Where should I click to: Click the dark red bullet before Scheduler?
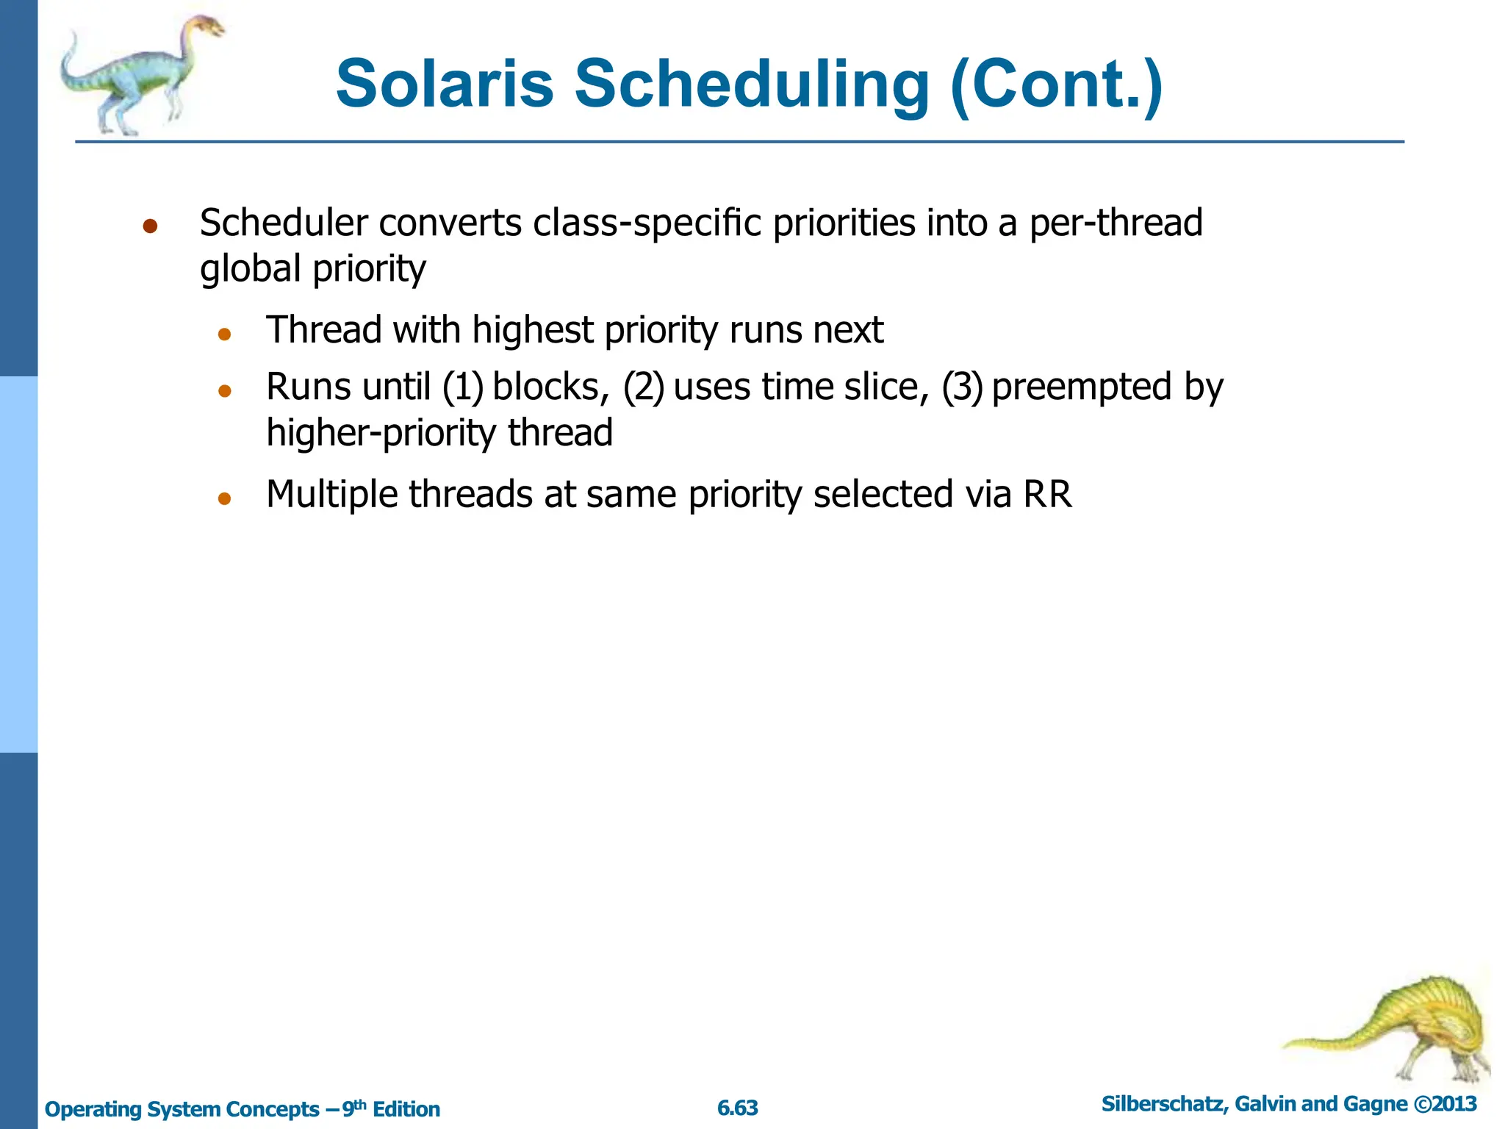pos(151,226)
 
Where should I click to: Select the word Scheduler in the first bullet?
pos(284,223)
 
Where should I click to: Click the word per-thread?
pos(1115,223)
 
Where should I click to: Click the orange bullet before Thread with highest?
pos(225,334)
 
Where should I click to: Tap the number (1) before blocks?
pos(463,387)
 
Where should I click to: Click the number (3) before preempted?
pos(962,387)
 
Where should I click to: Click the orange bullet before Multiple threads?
pos(225,499)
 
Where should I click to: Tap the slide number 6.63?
pos(737,1108)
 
